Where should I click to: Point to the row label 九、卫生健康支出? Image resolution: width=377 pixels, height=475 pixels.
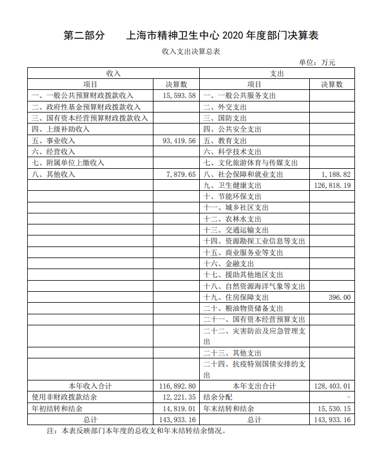point(232,186)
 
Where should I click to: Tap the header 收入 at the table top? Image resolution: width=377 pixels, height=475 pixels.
point(114,74)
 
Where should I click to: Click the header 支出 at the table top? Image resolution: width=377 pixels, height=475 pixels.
point(277,74)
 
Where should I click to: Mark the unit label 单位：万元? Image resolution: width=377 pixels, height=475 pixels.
point(317,62)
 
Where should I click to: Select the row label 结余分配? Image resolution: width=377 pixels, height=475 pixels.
point(218,397)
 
